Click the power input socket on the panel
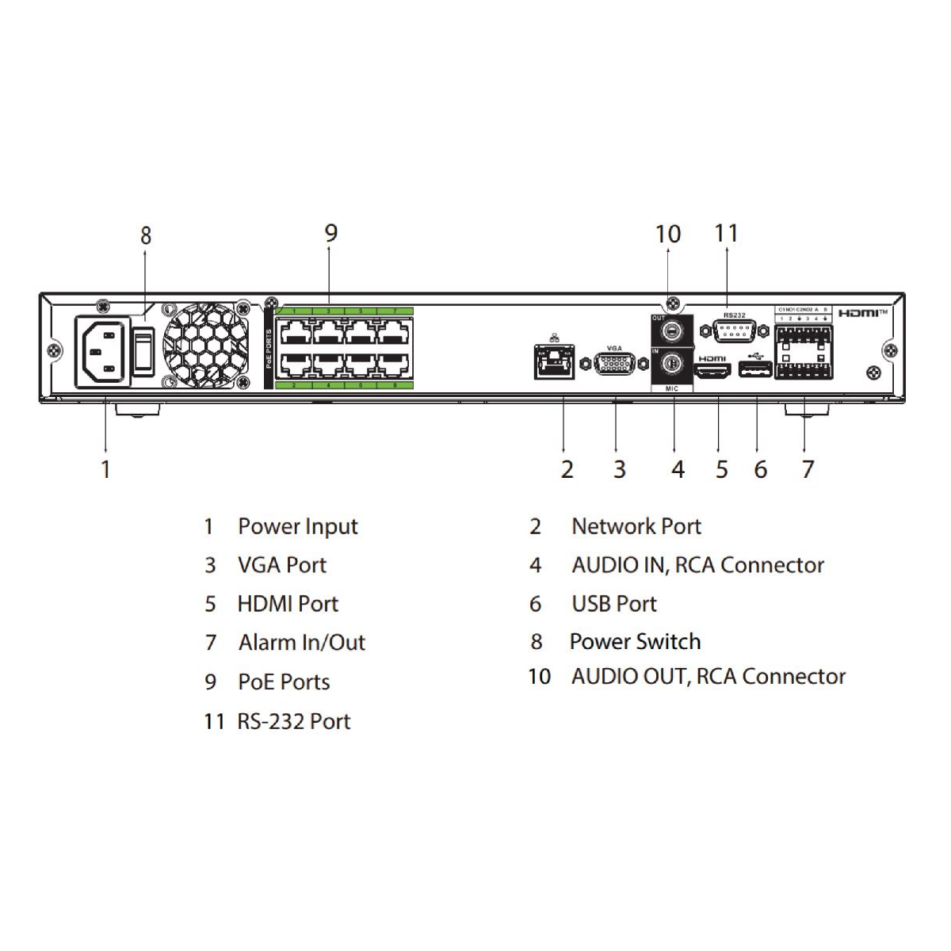click(103, 351)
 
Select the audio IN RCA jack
click(672, 364)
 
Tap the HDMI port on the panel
click(712, 370)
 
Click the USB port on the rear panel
click(754, 370)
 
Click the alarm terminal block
click(804, 350)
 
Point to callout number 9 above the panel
click(330, 233)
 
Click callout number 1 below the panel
click(105, 468)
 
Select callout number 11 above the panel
click(726, 233)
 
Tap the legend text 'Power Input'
click(298, 527)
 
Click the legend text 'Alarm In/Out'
click(302, 643)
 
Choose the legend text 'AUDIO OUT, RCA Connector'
click(708, 677)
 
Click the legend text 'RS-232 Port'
click(294, 721)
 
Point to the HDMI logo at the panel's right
click(863, 313)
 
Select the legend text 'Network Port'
click(636, 527)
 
